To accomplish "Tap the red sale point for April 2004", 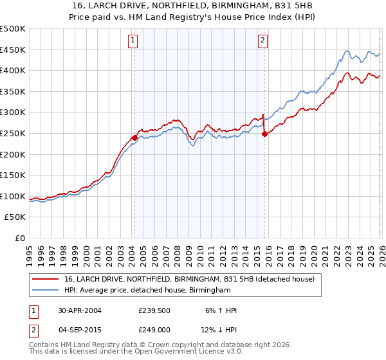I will tap(134, 137).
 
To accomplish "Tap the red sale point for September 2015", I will tap(264, 134).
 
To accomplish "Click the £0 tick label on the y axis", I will tap(19, 238).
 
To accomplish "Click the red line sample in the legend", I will tap(46, 278).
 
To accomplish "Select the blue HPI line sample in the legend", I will tap(46, 291).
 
